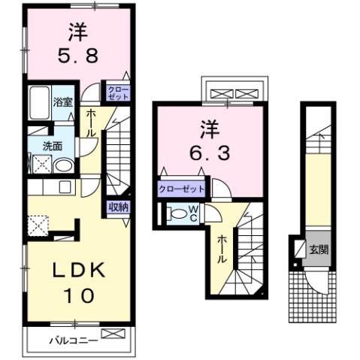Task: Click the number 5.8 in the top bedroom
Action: click(77, 55)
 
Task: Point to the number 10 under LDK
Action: click(77, 295)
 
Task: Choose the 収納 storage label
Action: click(117, 205)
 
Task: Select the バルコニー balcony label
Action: click(73, 340)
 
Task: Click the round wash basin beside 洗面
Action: click(64, 166)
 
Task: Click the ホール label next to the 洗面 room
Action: click(91, 123)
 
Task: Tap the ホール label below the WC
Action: click(223, 248)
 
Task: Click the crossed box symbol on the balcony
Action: click(110, 334)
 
